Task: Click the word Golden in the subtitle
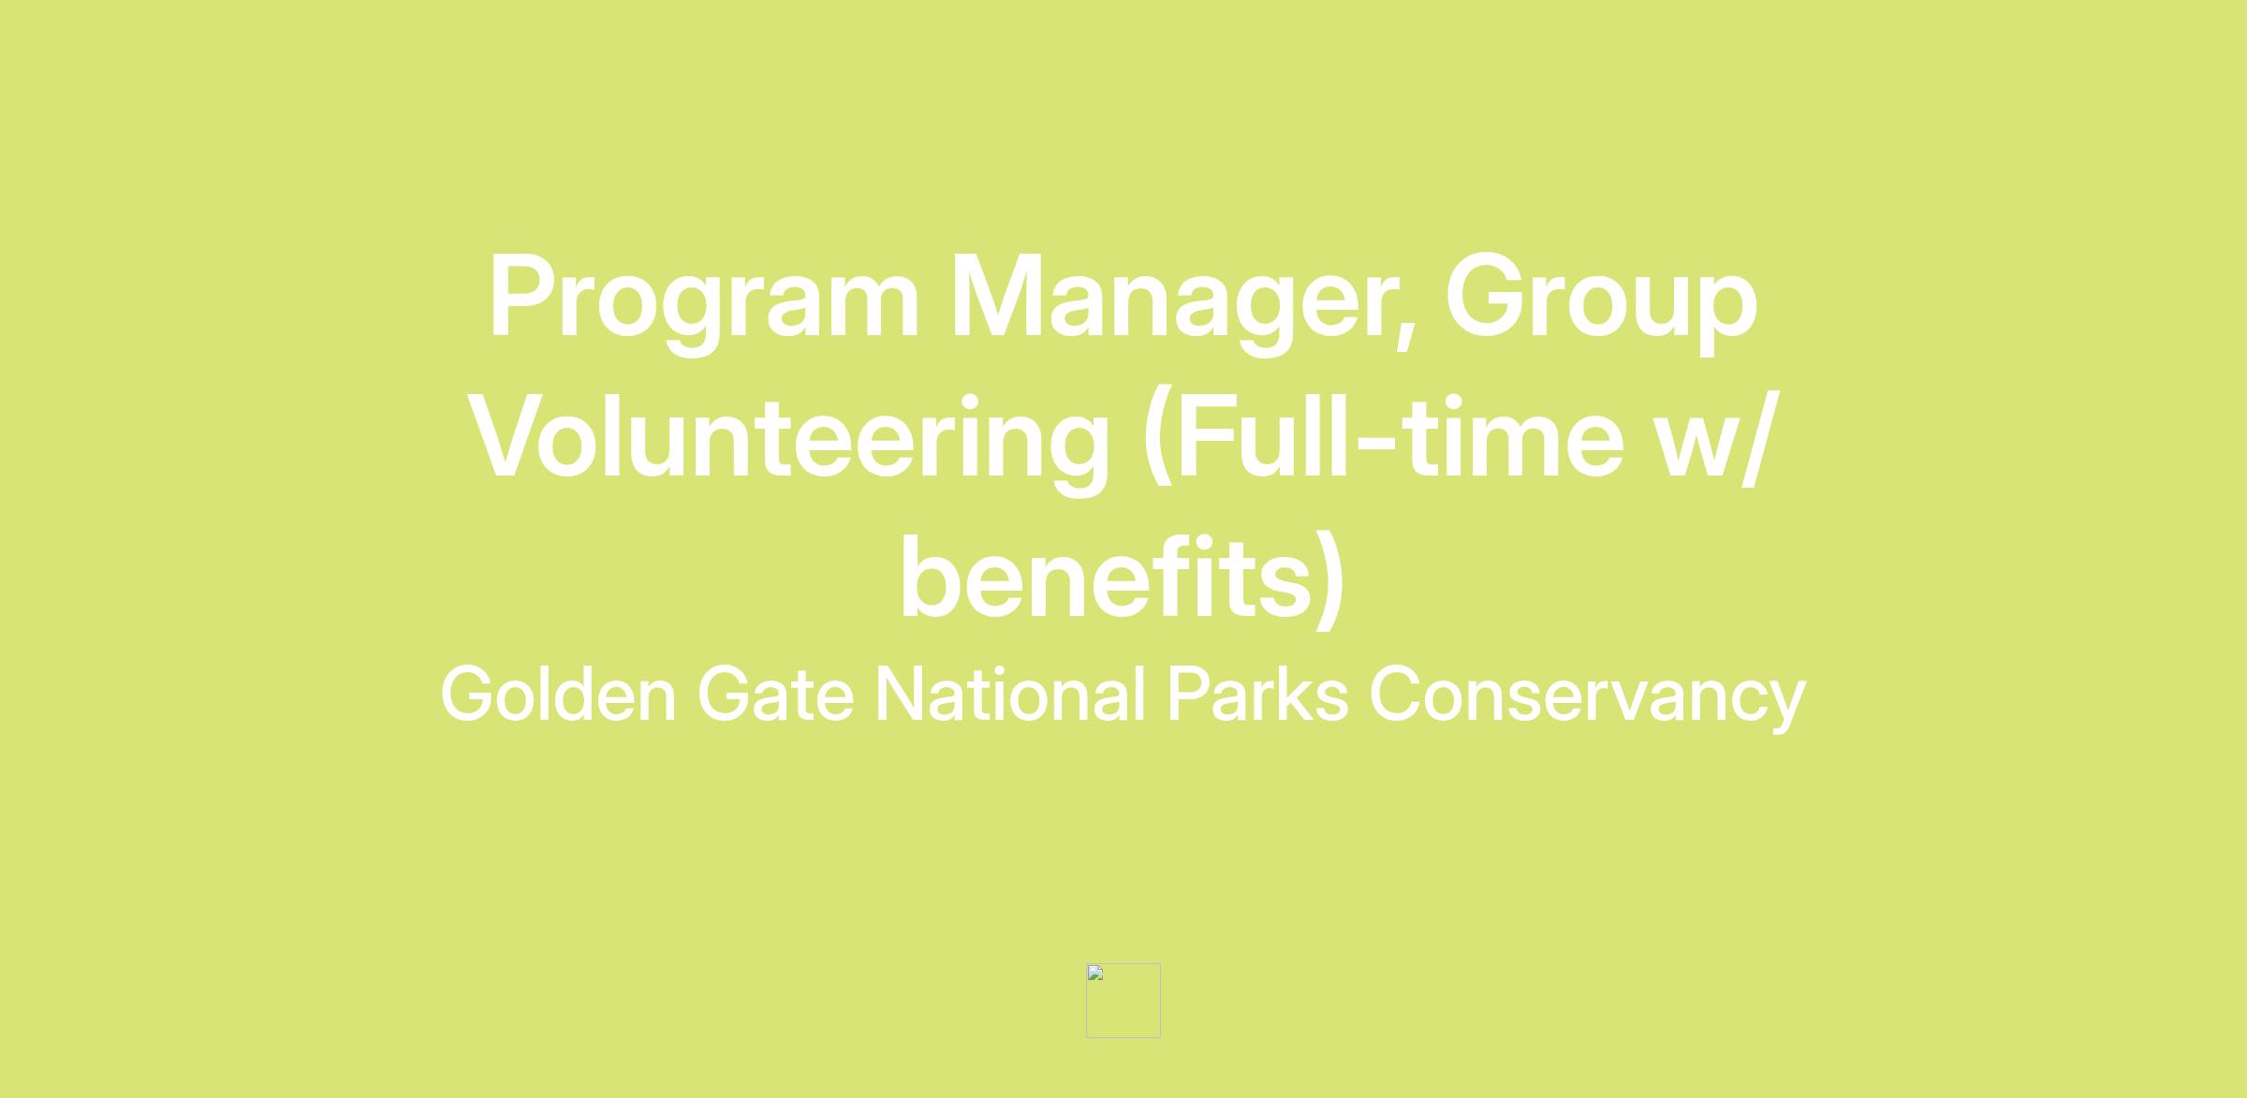pos(558,694)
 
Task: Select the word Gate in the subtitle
pos(775,694)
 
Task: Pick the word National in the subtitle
pos(1010,694)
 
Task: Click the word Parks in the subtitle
pos(1257,694)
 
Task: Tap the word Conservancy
pos(1588,698)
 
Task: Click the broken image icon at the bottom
pos(1123,1001)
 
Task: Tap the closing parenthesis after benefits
pos(1330,578)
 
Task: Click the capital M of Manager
pos(997,296)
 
